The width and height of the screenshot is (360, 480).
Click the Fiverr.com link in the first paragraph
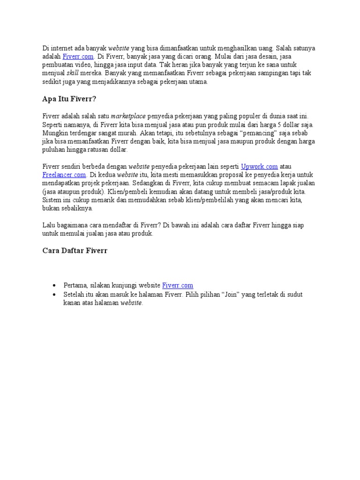(x=77, y=57)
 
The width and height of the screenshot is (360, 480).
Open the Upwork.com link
(x=259, y=166)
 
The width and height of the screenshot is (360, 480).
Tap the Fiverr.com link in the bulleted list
(x=178, y=285)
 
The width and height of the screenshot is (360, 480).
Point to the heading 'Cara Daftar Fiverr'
(x=75, y=251)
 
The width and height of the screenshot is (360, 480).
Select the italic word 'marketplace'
(x=128, y=116)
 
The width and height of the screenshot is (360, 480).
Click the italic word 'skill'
(x=73, y=74)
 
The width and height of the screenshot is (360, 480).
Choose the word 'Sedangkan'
(x=150, y=183)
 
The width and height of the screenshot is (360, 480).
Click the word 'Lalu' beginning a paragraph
(x=48, y=225)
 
